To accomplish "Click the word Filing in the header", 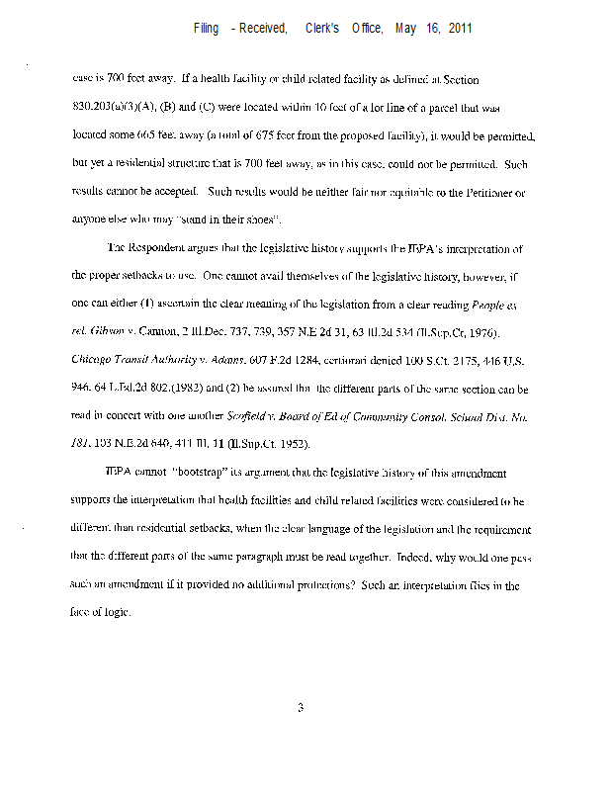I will [x=207, y=29].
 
